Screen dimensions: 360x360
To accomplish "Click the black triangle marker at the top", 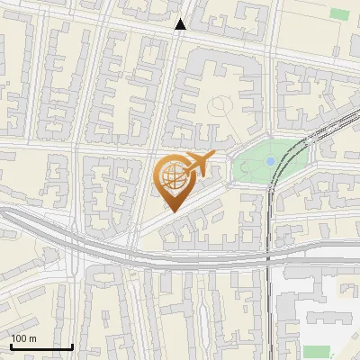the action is [x=181, y=24].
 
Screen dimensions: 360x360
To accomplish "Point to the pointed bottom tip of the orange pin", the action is [x=172, y=211].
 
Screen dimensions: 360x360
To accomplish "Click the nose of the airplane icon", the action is [x=213, y=156].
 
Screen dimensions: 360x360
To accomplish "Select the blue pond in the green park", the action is [x=270, y=161].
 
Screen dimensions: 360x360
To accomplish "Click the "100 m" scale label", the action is [x=23, y=338].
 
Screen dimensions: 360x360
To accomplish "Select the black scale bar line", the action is [x=41, y=346].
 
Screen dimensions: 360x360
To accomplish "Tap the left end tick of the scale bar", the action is [x=11, y=345].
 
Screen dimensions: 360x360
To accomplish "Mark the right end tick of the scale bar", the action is [x=72, y=345].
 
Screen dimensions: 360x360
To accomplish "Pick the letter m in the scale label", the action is [x=32, y=338].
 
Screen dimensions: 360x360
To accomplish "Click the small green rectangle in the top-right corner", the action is [x=339, y=13].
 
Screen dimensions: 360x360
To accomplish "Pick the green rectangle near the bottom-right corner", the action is [x=316, y=351].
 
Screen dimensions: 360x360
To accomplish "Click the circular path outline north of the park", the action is [x=220, y=107].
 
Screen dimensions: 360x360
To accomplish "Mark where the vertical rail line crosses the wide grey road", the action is [x=269, y=255].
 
